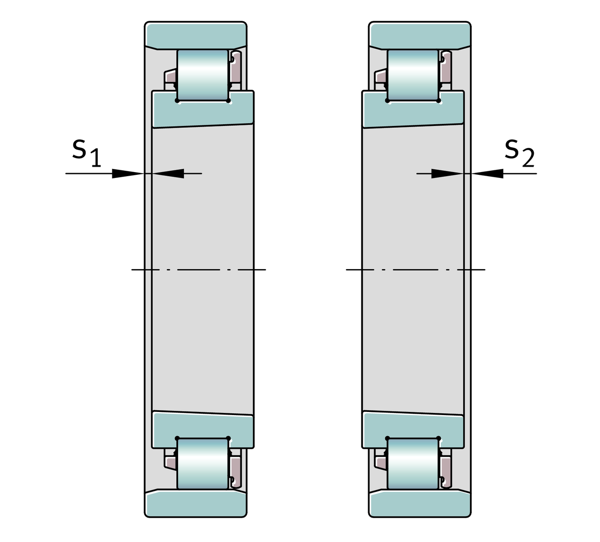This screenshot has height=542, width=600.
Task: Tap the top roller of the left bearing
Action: (x=203, y=75)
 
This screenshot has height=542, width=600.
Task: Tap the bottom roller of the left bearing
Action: (x=203, y=463)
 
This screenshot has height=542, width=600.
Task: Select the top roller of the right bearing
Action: (x=413, y=75)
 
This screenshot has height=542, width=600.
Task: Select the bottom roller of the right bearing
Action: (x=413, y=463)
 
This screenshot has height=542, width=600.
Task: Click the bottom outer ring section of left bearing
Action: (x=195, y=503)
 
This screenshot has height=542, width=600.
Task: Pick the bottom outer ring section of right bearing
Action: (x=420, y=503)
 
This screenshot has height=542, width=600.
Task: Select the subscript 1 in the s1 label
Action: (x=95, y=159)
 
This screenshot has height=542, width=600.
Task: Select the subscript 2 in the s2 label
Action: (x=528, y=159)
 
